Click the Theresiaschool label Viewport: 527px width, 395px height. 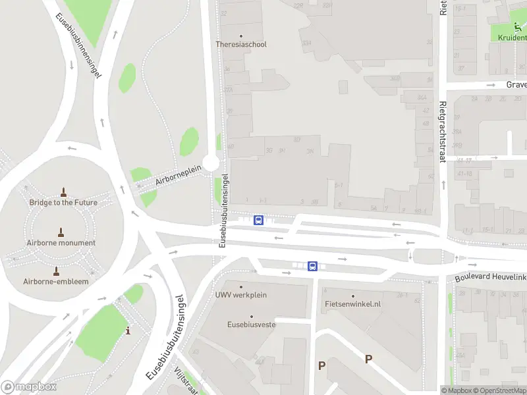click(241, 45)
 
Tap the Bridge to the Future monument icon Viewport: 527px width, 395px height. click(63, 192)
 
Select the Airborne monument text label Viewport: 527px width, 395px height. click(61, 243)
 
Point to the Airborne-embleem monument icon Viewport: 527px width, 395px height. click(56, 271)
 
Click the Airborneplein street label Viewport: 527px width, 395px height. click(178, 175)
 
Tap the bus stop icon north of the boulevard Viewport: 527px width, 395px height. click(259, 221)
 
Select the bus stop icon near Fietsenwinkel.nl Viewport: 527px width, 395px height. click(312, 267)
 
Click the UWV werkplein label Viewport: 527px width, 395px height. click(241, 295)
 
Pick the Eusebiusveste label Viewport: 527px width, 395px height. click(251, 325)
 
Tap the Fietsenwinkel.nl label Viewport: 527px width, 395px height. click(353, 304)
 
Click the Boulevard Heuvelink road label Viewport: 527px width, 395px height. click(491, 278)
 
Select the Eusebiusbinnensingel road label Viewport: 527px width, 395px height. click(78, 46)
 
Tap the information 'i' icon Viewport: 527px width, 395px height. click(128, 330)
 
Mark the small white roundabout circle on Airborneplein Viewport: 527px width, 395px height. click(211, 163)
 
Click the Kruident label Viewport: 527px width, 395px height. click(512, 38)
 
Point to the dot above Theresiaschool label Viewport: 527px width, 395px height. click(241, 36)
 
